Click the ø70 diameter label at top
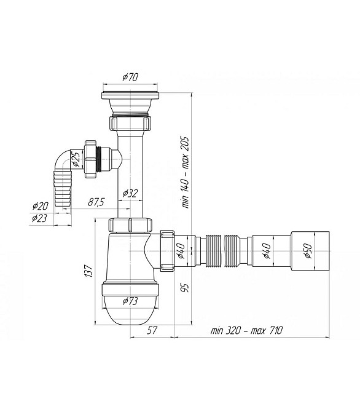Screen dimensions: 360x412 coord(130,77)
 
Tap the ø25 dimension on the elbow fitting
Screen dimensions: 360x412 coord(76,159)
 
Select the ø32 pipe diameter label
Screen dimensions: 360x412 coord(130,194)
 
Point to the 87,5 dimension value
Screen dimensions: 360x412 coord(96,202)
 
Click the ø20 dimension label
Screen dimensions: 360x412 coord(40,206)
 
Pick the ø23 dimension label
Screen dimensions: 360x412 coord(39,218)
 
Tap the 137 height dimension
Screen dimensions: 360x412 coord(88,271)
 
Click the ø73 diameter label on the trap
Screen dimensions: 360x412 coord(130,301)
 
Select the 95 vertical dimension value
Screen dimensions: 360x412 coord(186,287)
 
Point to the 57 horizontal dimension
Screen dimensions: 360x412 coord(152,330)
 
